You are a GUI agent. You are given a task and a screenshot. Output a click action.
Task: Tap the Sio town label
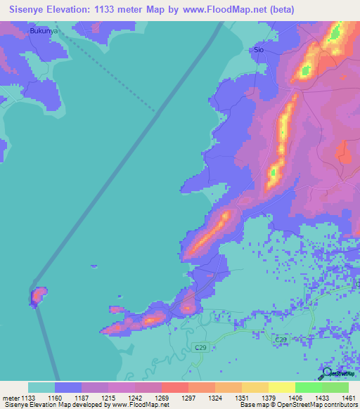click(x=258, y=51)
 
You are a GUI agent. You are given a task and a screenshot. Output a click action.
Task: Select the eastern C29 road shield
click(x=281, y=339)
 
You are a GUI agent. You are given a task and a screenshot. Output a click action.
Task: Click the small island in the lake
click(x=37, y=296)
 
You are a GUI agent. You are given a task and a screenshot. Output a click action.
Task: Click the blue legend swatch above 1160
click(x=68, y=387)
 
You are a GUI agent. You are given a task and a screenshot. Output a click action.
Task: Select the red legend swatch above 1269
click(x=175, y=387)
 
